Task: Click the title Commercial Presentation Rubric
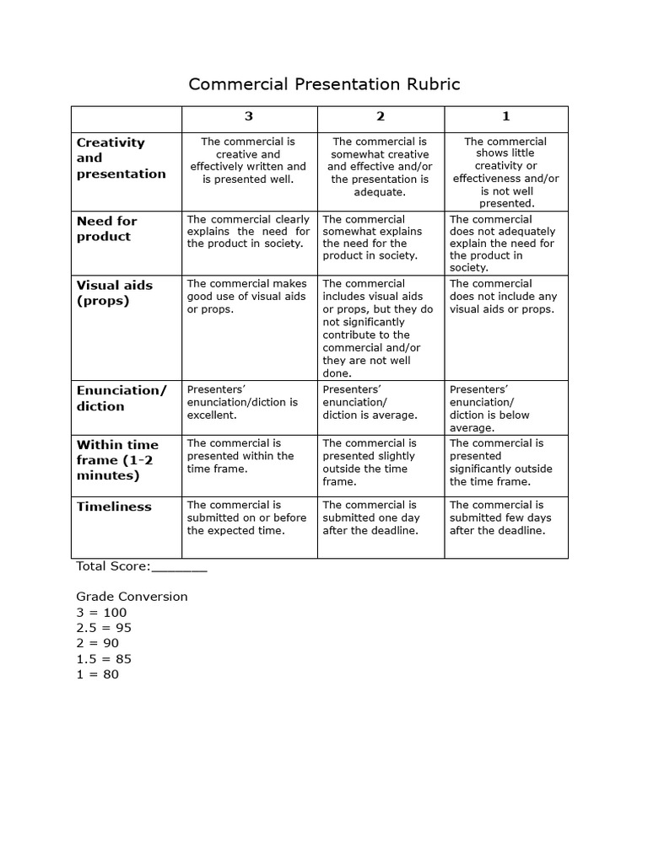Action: [x=324, y=84]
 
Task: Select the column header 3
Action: [x=249, y=116]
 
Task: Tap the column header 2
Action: [x=381, y=116]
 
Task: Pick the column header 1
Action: [x=505, y=116]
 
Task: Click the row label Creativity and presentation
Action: [x=121, y=158]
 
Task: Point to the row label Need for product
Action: [x=106, y=228]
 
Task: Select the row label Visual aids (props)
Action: [x=115, y=292]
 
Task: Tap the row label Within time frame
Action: [x=118, y=459]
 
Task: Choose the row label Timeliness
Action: [x=114, y=507]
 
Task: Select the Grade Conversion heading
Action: [x=132, y=597]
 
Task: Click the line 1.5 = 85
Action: [x=104, y=659]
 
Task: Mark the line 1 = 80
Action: [x=98, y=674]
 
